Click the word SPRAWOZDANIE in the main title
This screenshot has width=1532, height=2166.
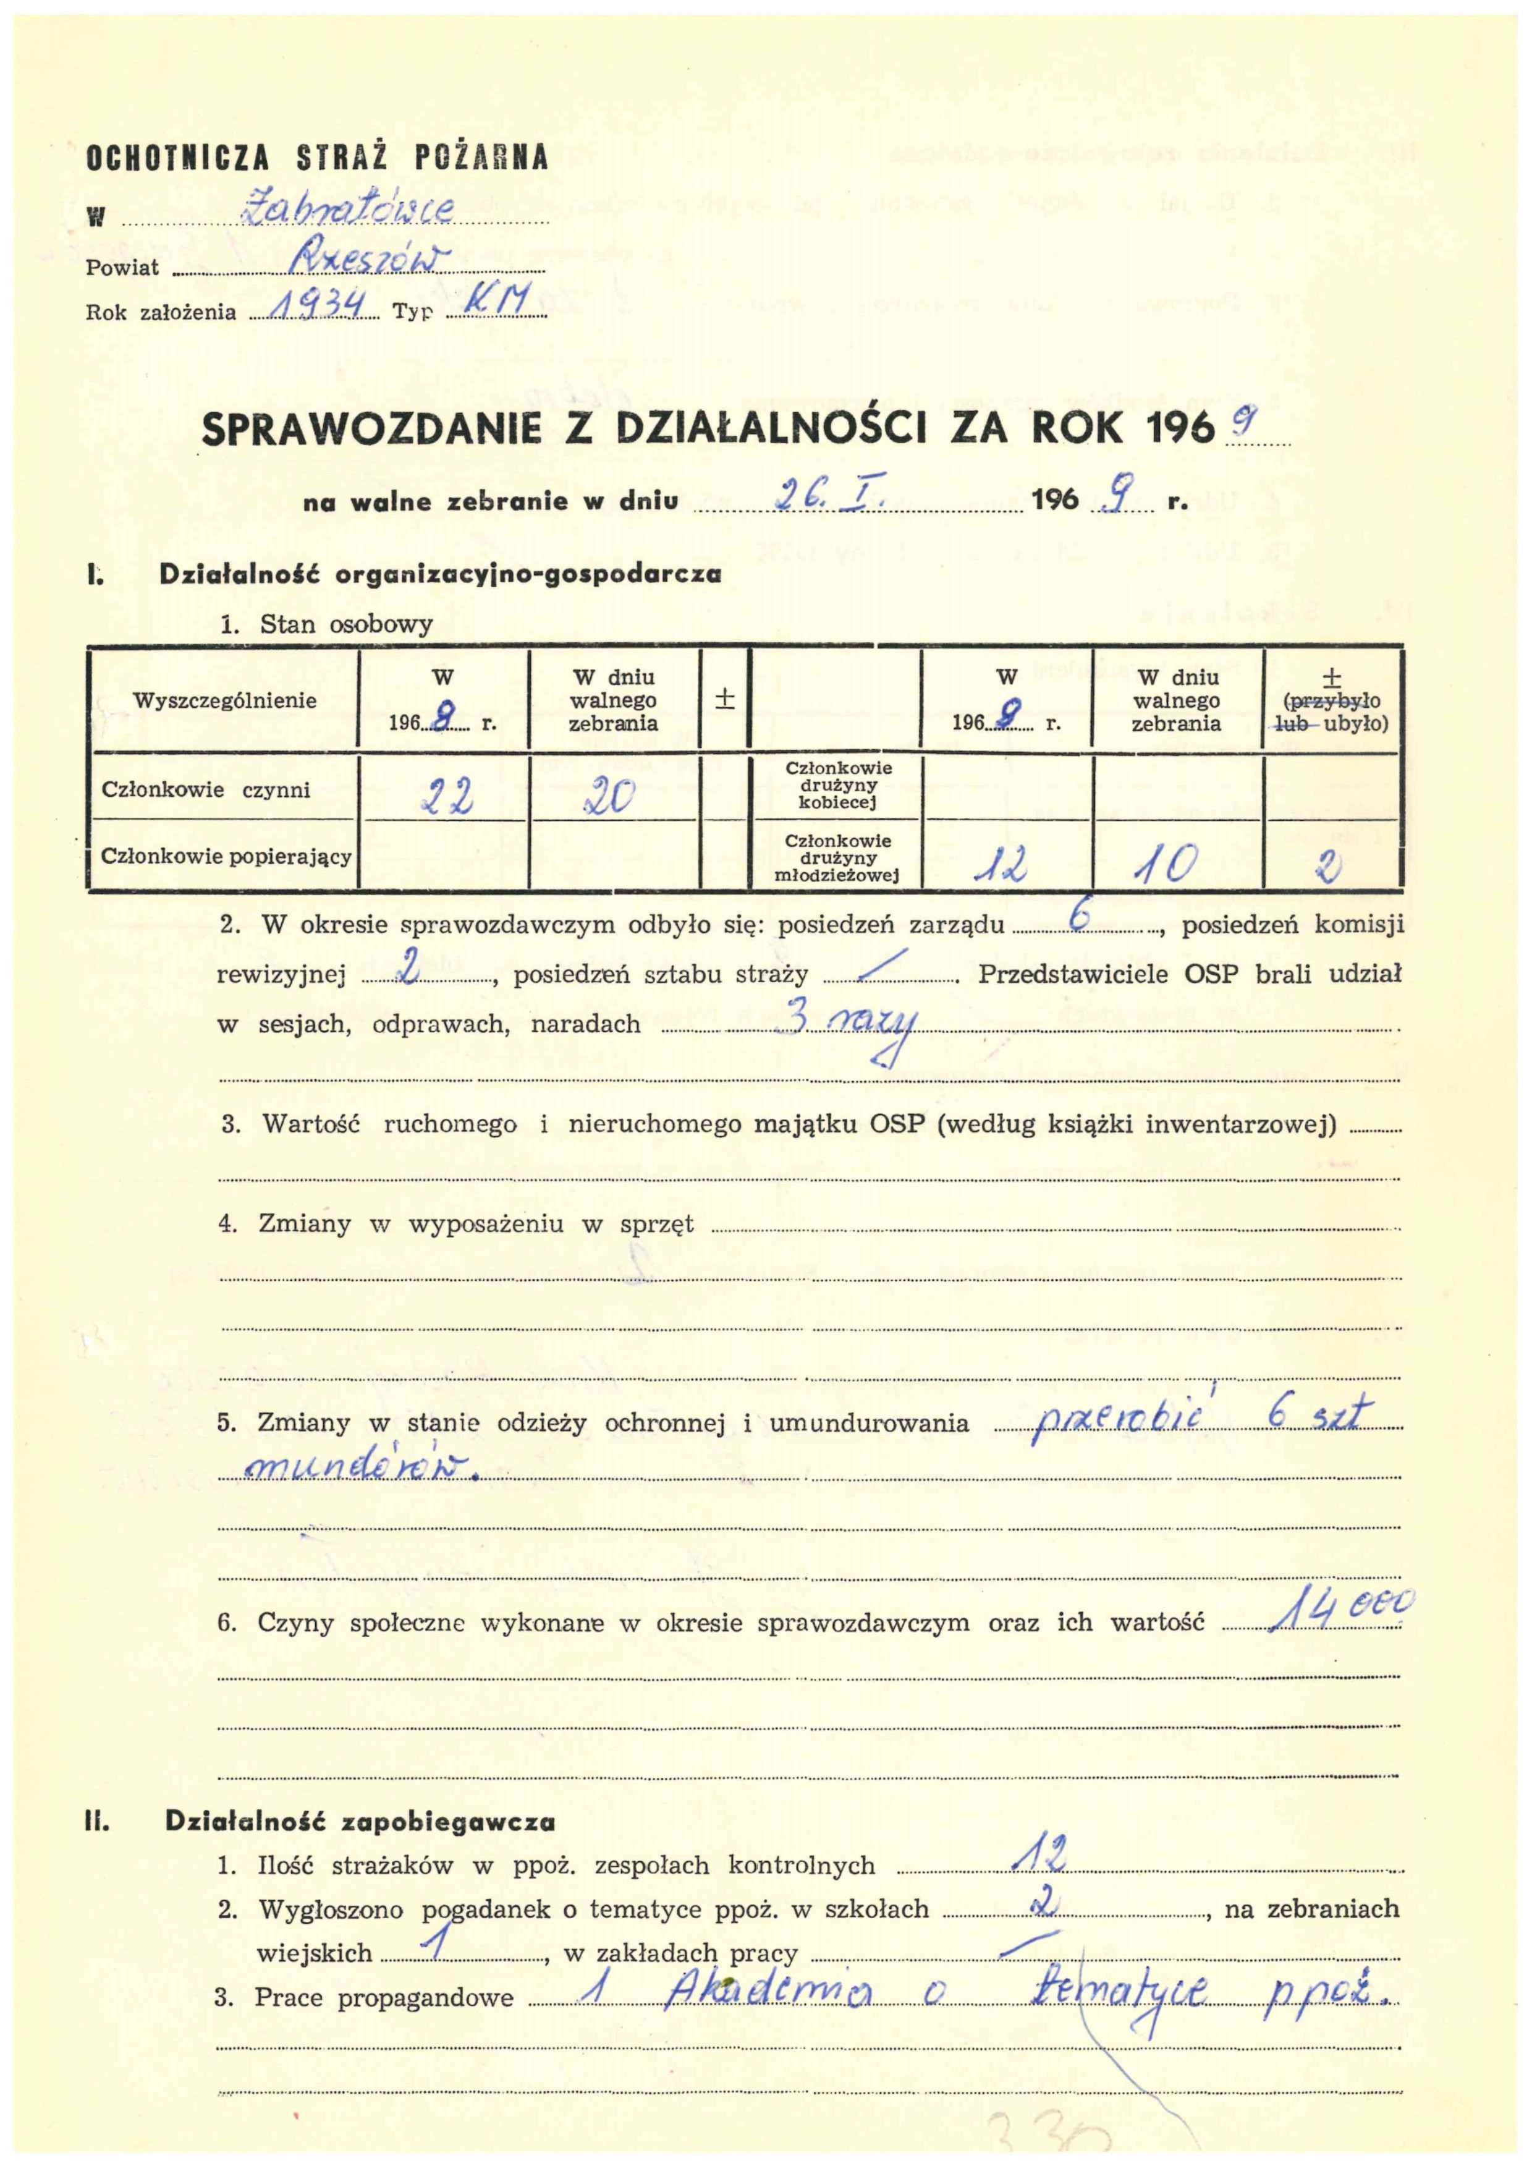371,430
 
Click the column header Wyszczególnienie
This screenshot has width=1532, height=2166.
224,701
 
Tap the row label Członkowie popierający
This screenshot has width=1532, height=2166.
226,857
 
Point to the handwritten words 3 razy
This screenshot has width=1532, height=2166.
844,1027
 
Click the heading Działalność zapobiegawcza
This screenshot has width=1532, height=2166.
360,1822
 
